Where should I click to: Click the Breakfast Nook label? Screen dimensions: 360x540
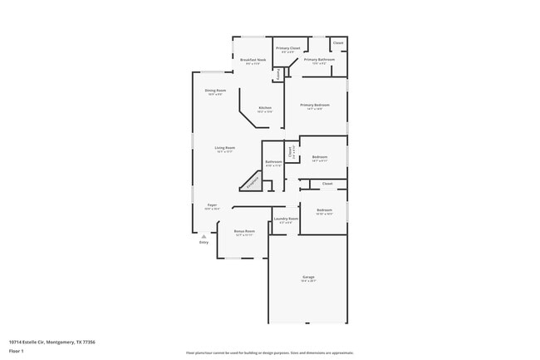click(x=253, y=60)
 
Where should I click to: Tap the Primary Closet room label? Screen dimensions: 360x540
click(x=288, y=49)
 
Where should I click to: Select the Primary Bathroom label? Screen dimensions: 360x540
click(x=319, y=60)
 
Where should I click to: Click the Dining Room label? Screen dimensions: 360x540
click(x=215, y=91)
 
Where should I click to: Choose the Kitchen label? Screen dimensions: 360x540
click(x=264, y=108)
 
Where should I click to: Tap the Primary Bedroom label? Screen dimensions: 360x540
click(x=315, y=105)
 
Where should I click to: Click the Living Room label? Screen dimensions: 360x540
click(x=225, y=148)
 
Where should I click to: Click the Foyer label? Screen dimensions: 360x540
click(x=212, y=205)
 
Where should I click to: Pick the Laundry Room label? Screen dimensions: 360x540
click(x=286, y=219)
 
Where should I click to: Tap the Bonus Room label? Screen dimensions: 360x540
click(x=244, y=231)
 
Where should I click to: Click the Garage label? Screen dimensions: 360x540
click(x=307, y=277)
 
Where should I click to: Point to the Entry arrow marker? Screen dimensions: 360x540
click(x=204, y=236)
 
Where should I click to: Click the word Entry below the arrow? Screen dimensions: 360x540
click(x=204, y=243)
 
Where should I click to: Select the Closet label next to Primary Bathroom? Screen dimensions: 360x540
click(x=338, y=42)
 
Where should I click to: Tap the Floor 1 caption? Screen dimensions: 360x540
click(x=17, y=352)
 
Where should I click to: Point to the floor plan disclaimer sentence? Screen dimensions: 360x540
click(x=269, y=353)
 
